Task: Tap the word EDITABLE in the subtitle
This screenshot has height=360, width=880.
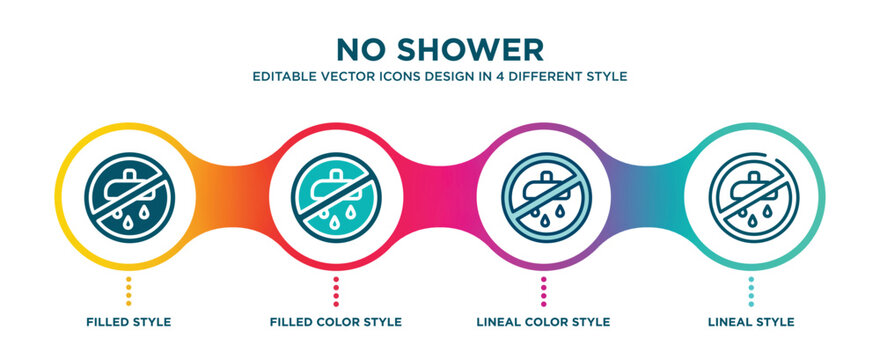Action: tap(285, 76)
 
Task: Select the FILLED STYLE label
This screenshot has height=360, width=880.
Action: tap(128, 322)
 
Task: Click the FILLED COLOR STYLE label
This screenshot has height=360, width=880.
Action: tap(336, 322)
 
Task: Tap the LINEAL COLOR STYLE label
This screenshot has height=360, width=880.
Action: tap(544, 322)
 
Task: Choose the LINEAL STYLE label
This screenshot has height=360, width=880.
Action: tap(752, 322)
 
